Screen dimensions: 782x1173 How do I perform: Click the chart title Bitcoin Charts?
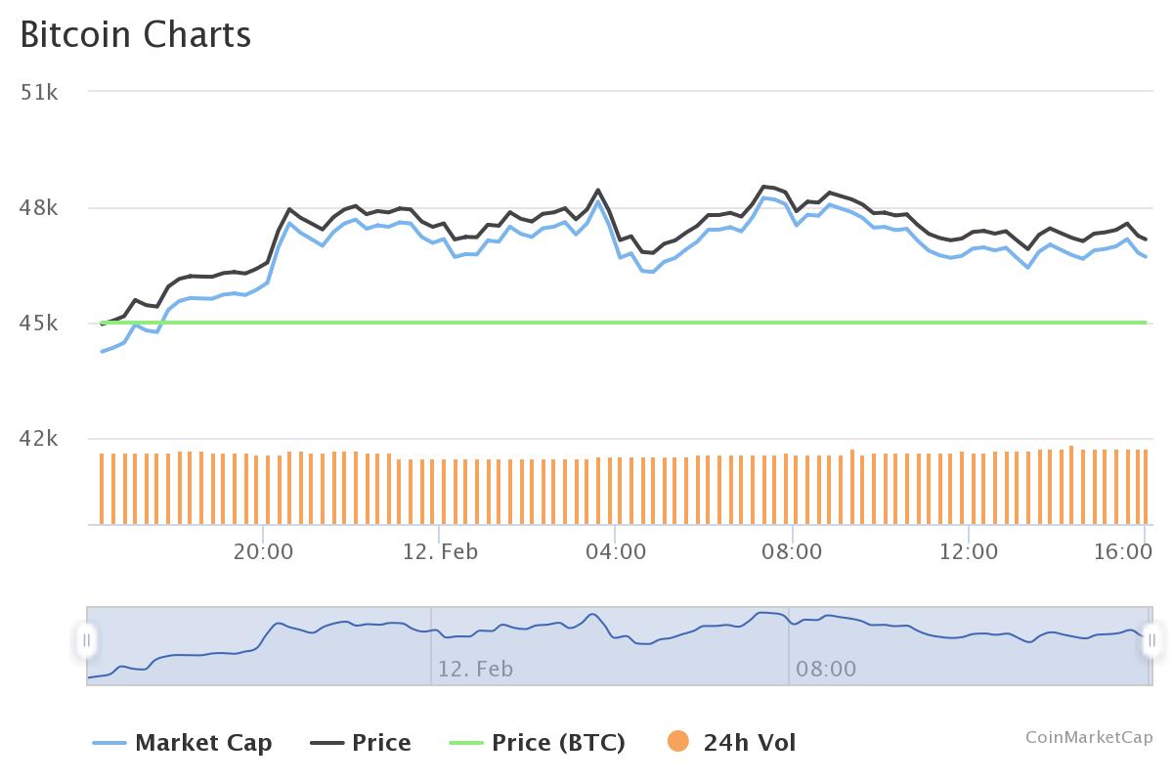click(x=136, y=34)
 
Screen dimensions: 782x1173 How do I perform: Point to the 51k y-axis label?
click(x=39, y=92)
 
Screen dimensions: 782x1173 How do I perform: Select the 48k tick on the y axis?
click(x=39, y=207)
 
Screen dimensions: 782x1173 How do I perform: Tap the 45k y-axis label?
click(x=39, y=323)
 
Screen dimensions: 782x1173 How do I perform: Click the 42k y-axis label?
click(x=39, y=439)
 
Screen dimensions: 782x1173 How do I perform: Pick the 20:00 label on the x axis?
click(x=263, y=551)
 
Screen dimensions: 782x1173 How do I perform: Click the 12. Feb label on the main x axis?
click(x=439, y=551)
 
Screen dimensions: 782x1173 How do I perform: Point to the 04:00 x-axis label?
click(x=616, y=551)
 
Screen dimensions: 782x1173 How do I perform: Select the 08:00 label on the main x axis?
click(x=792, y=551)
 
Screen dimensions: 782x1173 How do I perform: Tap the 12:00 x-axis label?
click(x=968, y=551)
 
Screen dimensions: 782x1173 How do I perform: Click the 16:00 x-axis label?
click(x=1121, y=551)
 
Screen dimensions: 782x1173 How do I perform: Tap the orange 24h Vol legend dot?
click(x=677, y=742)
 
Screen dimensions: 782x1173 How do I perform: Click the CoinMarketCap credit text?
click(x=1089, y=737)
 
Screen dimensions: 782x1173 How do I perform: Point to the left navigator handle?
click(x=87, y=640)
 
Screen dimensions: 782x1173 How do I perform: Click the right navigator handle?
click(x=1152, y=640)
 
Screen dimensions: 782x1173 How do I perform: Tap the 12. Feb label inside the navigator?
click(x=475, y=670)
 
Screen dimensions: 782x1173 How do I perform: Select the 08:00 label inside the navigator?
click(x=826, y=670)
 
